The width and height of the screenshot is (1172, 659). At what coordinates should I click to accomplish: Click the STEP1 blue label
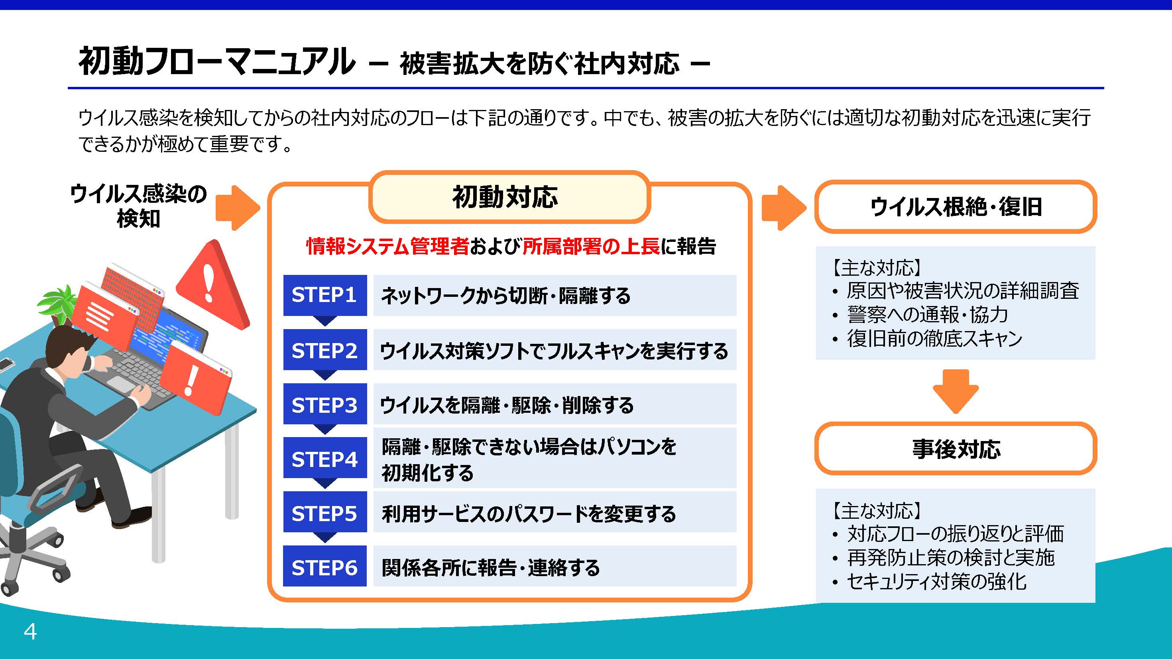pos(325,295)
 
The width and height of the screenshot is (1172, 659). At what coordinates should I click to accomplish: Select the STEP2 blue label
pos(325,350)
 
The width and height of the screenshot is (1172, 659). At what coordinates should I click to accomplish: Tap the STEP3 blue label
pos(325,404)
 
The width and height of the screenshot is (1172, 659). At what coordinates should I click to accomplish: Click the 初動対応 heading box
pos(509,197)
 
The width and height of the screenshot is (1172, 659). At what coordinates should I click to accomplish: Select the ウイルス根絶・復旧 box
pos(956,207)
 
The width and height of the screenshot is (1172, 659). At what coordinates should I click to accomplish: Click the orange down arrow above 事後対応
pos(956,391)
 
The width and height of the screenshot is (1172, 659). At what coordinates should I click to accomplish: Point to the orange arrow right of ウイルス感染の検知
pos(238,208)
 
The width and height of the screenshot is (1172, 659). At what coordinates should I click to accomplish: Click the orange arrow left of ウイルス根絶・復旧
pos(784,208)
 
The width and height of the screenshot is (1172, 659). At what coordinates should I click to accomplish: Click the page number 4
pos(30,632)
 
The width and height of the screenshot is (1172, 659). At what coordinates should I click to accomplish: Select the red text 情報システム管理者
pos(387,246)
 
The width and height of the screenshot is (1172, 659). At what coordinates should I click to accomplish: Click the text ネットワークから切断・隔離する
pos(506,296)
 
